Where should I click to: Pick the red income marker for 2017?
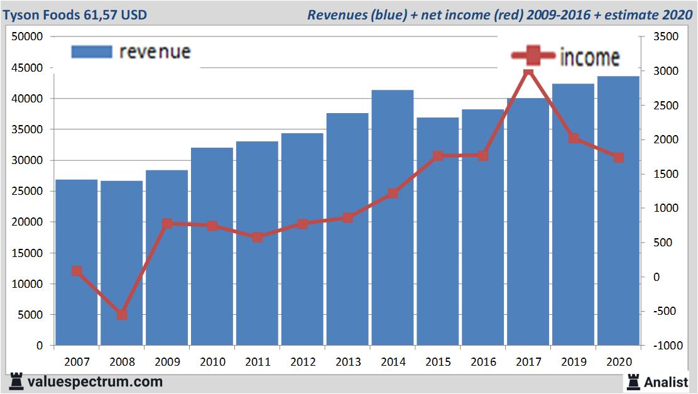click(x=528, y=73)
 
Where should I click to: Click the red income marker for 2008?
click(x=122, y=314)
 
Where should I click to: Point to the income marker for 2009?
click(x=167, y=224)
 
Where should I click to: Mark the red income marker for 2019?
click(x=574, y=138)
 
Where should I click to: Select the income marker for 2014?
click(x=393, y=194)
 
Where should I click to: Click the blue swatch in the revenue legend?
click(x=92, y=52)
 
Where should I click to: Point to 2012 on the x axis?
click(x=302, y=362)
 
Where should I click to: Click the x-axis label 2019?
click(x=574, y=362)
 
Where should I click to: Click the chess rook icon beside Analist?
click(x=633, y=381)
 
